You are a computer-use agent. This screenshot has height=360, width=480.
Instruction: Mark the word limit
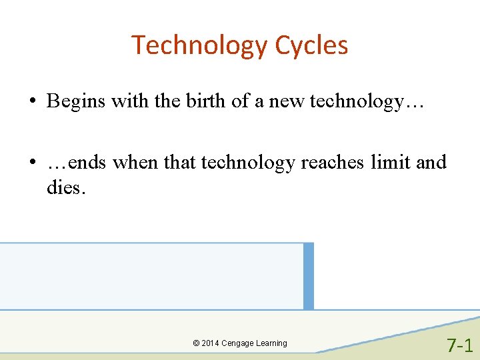pyautogui.click(x=391, y=162)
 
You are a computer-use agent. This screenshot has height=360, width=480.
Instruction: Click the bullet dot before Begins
pyautogui.click(x=31, y=102)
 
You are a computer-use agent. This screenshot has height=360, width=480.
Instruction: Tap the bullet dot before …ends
pyautogui.click(x=31, y=163)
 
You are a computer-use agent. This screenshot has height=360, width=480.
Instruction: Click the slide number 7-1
pyautogui.click(x=459, y=345)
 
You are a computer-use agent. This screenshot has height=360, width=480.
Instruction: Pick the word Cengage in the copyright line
pyautogui.click(x=237, y=343)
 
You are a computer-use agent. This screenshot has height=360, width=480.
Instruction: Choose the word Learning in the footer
pyautogui.click(x=271, y=343)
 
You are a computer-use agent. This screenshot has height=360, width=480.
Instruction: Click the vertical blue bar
pyautogui.click(x=308, y=276)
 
